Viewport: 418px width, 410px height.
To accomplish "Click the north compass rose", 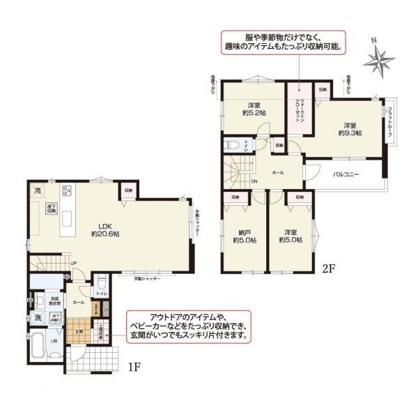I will pos(380,61).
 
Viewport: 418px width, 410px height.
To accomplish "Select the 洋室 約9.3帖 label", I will pos(350,127).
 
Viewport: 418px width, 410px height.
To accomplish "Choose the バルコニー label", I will pos(345,174).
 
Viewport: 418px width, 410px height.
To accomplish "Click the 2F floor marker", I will pos(330,266).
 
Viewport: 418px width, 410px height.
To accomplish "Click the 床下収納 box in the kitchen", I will pos(52,210).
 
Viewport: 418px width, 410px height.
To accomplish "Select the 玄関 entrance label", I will pos(79,332).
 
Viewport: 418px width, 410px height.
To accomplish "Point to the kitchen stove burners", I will pos(68,190).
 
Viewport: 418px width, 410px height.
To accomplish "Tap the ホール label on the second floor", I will pos(277,171).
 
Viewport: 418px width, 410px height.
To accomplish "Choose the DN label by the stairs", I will pos(254,182).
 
